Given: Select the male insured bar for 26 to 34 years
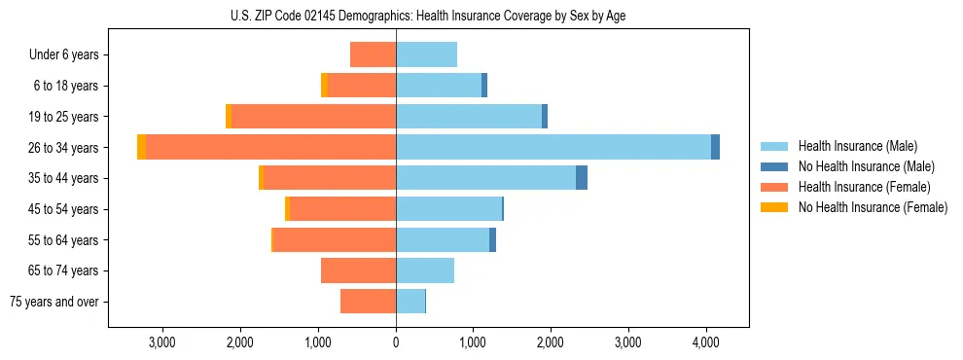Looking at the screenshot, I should (x=553, y=147).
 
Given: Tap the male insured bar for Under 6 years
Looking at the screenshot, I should (x=426, y=54).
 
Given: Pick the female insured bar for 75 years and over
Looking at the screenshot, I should (x=368, y=302).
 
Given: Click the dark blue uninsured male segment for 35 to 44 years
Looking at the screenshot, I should (x=582, y=178).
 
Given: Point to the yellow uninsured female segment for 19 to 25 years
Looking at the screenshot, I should (x=229, y=117).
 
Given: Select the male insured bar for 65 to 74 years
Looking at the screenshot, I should (x=425, y=270).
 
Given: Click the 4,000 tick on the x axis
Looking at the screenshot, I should (x=705, y=342).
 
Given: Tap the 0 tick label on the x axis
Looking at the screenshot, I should (x=396, y=342).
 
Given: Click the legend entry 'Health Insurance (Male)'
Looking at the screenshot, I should (x=857, y=146).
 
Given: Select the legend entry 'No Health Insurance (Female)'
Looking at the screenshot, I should (x=873, y=207).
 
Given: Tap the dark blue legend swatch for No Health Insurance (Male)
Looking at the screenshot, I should (x=774, y=166).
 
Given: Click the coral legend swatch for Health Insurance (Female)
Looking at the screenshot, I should (x=774, y=187).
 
